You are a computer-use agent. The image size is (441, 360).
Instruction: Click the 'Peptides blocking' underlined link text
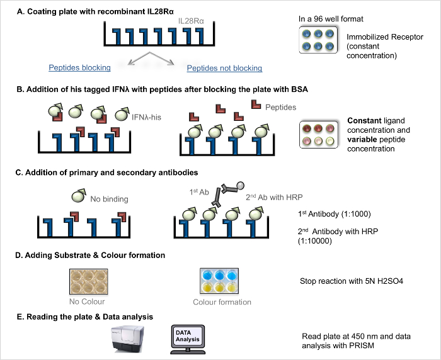pyautogui.click(x=79, y=67)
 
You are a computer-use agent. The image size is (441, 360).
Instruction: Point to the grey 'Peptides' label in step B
pyautogui.click(x=280, y=108)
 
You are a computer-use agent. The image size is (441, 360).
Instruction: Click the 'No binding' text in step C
pyautogui.click(x=109, y=199)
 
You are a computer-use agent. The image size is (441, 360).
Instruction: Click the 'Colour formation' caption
pyautogui.click(x=222, y=302)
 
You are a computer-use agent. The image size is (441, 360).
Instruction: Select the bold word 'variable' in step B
pyautogui.click(x=363, y=139)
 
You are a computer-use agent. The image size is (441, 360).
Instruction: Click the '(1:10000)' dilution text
pyautogui.click(x=319, y=240)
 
